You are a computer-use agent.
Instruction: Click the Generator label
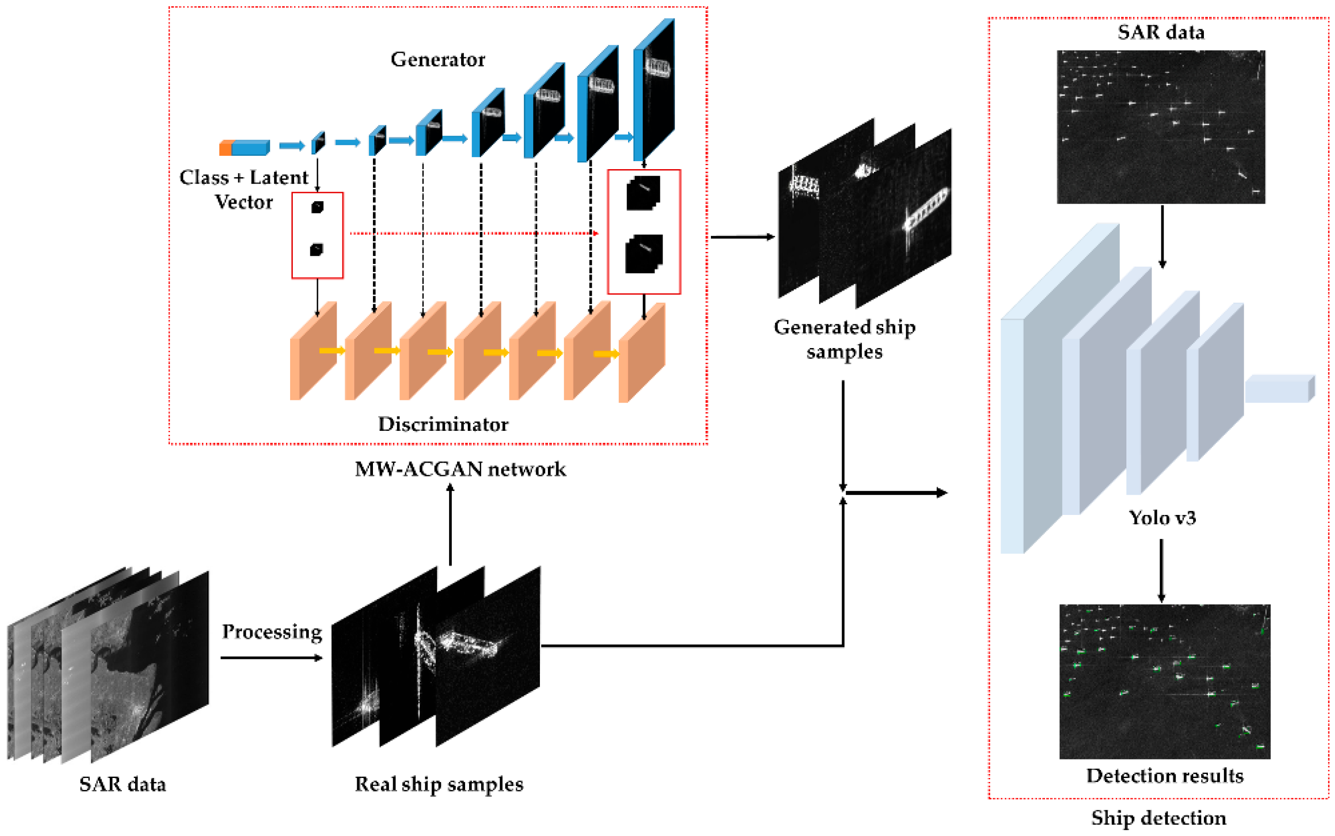tap(438, 59)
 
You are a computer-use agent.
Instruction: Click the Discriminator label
tap(443, 424)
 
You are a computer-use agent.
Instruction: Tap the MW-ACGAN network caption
tap(460, 469)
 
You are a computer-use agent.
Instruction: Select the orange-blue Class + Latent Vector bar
tap(244, 147)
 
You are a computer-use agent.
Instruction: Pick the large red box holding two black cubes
tap(644, 231)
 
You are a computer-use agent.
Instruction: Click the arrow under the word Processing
tap(271, 658)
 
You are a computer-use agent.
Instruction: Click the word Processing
tap(272, 631)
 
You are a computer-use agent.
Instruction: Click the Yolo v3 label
tap(1162, 518)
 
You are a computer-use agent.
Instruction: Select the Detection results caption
tap(1164, 775)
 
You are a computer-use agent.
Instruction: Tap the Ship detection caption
tap(1159, 817)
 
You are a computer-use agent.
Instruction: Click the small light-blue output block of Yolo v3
tap(1279, 389)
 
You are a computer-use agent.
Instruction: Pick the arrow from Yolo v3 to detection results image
tap(1161, 571)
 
